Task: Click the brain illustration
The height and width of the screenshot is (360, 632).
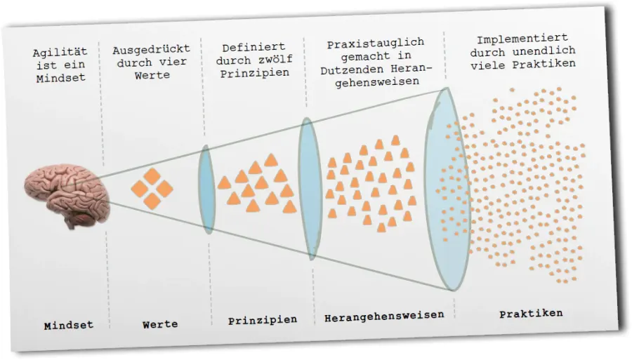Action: [x=67, y=195]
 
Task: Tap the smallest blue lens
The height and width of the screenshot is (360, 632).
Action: [x=207, y=189]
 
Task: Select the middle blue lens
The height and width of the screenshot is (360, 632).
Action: [x=310, y=189]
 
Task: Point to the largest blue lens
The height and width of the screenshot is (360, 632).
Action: [x=447, y=189]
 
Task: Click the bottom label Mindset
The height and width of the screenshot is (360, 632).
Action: [x=69, y=326]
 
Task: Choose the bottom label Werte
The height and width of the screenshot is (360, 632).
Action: [x=160, y=324]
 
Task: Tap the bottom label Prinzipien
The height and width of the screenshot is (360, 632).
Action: [x=263, y=321]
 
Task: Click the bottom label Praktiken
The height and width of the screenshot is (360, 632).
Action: [x=531, y=313]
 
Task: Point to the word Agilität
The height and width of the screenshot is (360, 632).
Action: [x=60, y=53]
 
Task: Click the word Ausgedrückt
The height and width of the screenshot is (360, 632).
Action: [x=151, y=50]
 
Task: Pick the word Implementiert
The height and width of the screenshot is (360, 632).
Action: [x=522, y=39]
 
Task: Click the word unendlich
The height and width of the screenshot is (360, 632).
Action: [x=544, y=51]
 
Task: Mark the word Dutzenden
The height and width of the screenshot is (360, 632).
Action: [x=352, y=70]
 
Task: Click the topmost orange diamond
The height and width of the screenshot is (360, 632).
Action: [x=152, y=176]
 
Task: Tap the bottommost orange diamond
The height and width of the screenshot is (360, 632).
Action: [x=152, y=201]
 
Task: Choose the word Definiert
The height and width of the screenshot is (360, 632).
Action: [x=254, y=48]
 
